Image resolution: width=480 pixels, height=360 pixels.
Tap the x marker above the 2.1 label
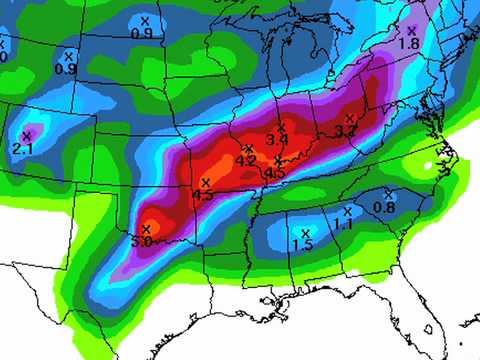coord(27,135)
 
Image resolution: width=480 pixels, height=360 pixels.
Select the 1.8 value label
coord(408,44)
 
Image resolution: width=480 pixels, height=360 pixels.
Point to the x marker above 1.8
coord(411,31)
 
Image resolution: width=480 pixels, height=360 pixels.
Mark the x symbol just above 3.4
coord(282,127)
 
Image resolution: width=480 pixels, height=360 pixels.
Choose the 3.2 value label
coord(346,131)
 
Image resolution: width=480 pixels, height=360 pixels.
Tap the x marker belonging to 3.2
coord(349,119)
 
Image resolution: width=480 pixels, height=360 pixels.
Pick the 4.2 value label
coord(245,160)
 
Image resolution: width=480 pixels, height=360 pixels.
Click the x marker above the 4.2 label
coord(247,148)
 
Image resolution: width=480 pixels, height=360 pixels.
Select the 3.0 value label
coord(142,242)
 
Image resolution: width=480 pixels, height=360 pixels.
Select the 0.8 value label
coord(384,207)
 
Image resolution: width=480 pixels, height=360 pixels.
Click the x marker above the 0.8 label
coord(387,194)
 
